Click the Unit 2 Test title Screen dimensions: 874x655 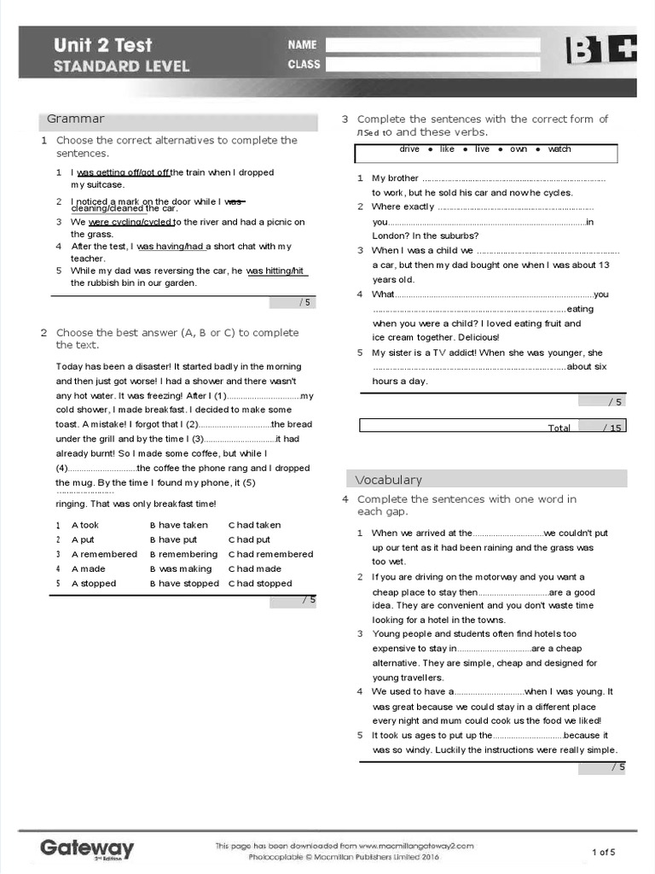[x=103, y=44]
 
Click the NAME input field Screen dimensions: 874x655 [x=432, y=44]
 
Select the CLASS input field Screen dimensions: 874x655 [x=432, y=64]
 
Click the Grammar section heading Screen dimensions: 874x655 [x=76, y=119]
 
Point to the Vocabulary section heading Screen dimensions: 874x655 [x=388, y=480]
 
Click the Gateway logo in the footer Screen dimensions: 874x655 [x=87, y=848]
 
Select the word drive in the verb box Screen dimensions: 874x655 [x=409, y=149]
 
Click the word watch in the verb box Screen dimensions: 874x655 [x=559, y=149]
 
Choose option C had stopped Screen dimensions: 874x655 [x=260, y=584]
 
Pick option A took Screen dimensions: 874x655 [x=84, y=526]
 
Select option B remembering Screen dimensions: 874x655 [x=183, y=555]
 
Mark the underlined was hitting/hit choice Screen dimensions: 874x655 [x=275, y=271]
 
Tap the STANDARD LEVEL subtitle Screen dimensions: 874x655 [x=122, y=67]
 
